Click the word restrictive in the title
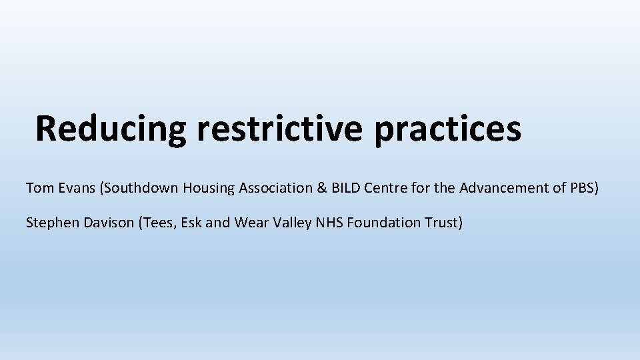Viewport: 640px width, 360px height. pos(280,128)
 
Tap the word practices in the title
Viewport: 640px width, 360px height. pos(447,128)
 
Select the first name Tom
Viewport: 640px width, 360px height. pos(38,188)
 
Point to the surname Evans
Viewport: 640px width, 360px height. pos(76,188)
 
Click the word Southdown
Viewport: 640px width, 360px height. pos(141,188)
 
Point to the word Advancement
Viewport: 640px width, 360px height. pos(502,188)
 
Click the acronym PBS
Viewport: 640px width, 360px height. pos(582,188)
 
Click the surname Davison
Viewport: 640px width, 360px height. pos(109,222)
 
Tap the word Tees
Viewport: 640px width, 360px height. pos(158,222)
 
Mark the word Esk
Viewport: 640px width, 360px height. pos(191,222)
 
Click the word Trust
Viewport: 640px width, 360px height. pos(442,222)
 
